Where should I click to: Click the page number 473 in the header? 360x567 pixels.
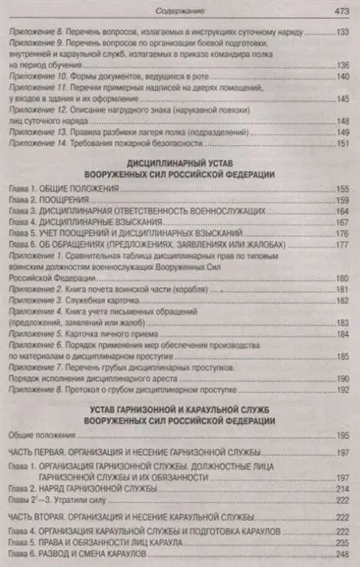(x=341, y=11)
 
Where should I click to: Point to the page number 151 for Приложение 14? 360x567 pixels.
(x=343, y=144)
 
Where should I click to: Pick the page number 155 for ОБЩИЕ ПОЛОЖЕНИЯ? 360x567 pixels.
(x=343, y=188)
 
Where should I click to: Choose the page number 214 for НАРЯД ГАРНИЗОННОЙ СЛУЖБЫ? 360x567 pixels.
(x=343, y=489)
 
